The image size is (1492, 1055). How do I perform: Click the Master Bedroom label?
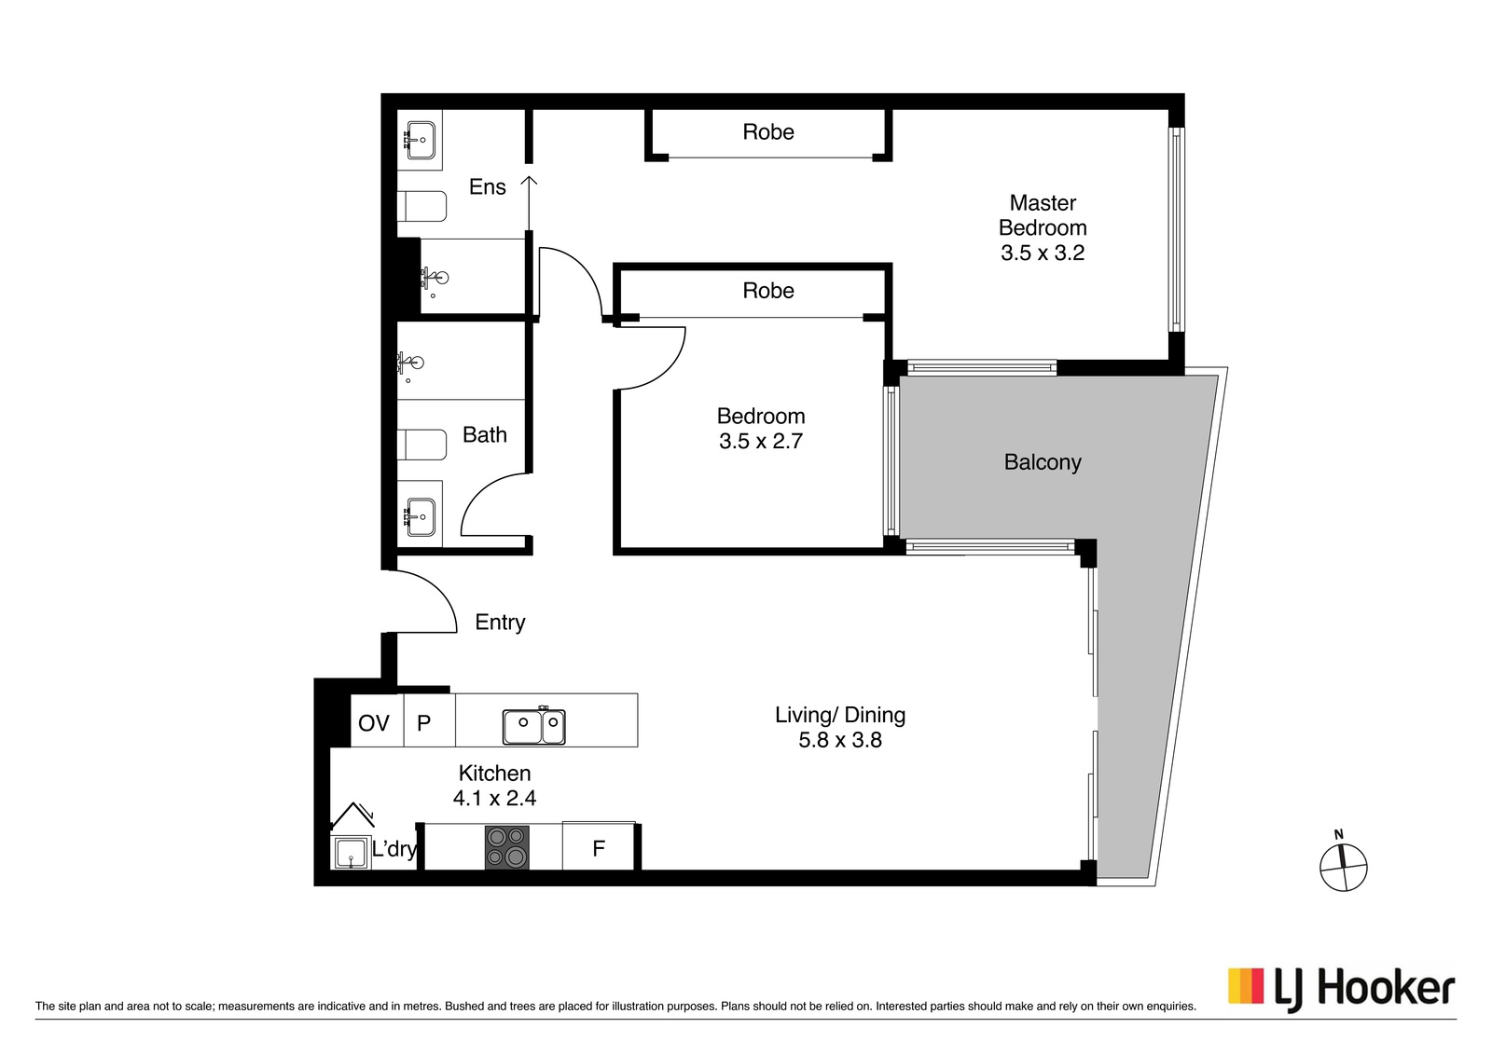pyautogui.click(x=1043, y=215)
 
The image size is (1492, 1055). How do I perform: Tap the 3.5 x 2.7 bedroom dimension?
pyautogui.click(x=761, y=442)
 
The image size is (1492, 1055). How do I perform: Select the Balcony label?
pyautogui.click(x=1043, y=462)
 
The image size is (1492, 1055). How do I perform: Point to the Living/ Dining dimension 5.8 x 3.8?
pyautogui.click(x=840, y=739)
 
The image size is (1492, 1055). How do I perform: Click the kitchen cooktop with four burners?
pyautogui.click(x=507, y=846)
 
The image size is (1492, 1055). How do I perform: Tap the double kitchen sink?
pyautogui.click(x=533, y=725)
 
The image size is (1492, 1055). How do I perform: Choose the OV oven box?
pyautogui.click(x=377, y=720)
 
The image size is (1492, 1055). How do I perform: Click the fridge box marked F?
pyautogui.click(x=598, y=846)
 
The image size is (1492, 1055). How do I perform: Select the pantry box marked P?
pyautogui.click(x=430, y=720)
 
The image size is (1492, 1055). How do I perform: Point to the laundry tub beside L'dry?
pyautogui.click(x=351, y=851)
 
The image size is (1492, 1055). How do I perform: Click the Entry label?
pyautogui.click(x=500, y=623)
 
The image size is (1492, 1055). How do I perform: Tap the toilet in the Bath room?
pyautogui.click(x=421, y=445)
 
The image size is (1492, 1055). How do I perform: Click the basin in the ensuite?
pyautogui.click(x=420, y=141)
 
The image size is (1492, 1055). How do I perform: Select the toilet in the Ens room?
pyautogui.click(x=421, y=206)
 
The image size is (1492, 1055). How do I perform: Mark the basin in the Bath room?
pyautogui.click(x=420, y=517)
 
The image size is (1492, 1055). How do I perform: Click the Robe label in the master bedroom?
pyautogui.click(x=768, y=131)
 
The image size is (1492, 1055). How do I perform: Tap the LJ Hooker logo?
pyautogui.click(x=1342, y=988)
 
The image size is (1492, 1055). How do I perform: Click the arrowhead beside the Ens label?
pyautogui.click(x=529, y=181)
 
